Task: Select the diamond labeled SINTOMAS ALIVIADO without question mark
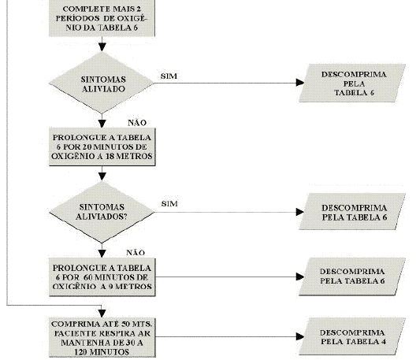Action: pyautogui.click(x=102, y=83)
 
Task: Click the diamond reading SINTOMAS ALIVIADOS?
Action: pyautogui.click(x=102, y=212)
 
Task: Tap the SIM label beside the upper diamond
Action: pyautogui.click(x=169, y=76)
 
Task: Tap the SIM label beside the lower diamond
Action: pyautogui.click(x=169, y=204)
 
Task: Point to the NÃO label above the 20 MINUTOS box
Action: pyautogui.click(x=137, y=123)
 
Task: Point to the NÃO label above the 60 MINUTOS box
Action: pyautogui.click(x=136, y=253)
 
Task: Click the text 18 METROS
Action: pyautogui.click(x=129, y=156)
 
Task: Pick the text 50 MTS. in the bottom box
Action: pyautogui.click(x=136, y=325)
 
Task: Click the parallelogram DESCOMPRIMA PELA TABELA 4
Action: pyautogui.click(x=352, y=336)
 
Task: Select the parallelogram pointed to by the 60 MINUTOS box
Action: pyautogui.click(x=352, y=276)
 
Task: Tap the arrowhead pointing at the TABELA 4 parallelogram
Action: pyautogui.click(x=300, y=336)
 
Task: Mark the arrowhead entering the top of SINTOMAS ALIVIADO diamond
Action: pyautogui.click(x=102, y=47)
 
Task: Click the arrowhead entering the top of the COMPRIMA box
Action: pyautogui.click(x=102, y=314)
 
